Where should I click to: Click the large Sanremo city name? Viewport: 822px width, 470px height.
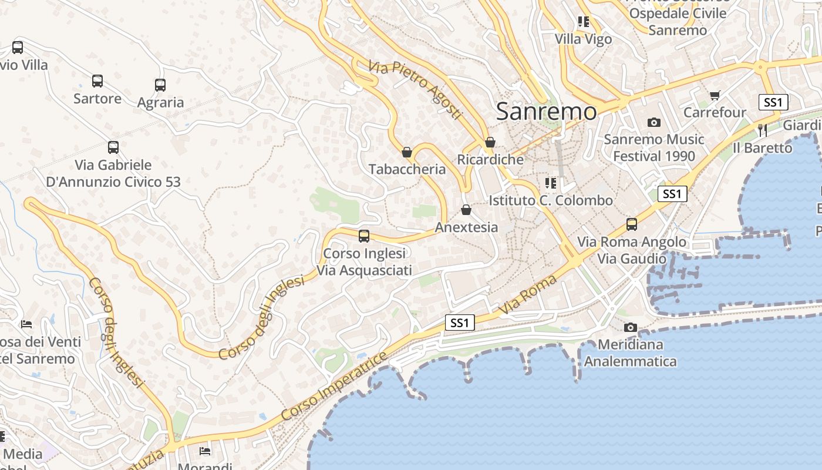click(x=546, y=111)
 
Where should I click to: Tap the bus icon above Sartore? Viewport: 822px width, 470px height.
click(x=97, y=81)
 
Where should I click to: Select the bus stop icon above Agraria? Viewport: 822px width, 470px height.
click(x=160, y=85)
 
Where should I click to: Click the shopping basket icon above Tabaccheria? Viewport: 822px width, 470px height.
click(x=407, y=152)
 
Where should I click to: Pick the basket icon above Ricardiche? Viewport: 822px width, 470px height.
click(x=490, y=142)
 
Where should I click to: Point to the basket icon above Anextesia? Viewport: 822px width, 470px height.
click(x=466, y=210)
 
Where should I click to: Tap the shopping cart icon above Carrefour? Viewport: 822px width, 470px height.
click(x=715, y=95)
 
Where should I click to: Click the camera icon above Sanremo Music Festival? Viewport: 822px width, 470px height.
click(x=653, y=122)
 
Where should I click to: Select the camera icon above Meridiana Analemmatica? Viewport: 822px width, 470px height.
click(x=630, y=327)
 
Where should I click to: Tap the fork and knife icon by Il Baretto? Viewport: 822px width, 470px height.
click(x=763, y=130)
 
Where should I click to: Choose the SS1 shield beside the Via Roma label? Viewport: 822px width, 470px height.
click(x=459, y=323)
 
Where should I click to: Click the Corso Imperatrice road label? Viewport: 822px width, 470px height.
click(x=334, y=386)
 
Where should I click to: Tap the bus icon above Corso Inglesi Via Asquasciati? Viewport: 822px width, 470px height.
click(x=364, y=236)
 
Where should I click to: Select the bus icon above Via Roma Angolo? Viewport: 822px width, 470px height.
click(x=632, y=224)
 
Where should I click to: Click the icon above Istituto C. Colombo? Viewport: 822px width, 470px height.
click(x=550, y=183)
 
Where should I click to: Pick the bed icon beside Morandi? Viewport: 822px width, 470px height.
click(x=205, y=451)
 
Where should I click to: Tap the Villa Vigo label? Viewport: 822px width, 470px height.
click(x=584, y=39)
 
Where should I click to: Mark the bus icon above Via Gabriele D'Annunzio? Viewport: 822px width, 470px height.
click(x=113, y=147)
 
